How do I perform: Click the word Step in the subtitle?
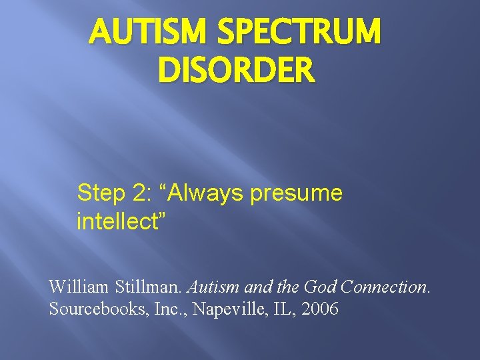[100, 193]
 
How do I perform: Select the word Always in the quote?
[207, 193]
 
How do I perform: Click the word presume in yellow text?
[297, 195]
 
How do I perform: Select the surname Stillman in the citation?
[147, 287]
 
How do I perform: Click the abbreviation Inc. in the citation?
[157, 310]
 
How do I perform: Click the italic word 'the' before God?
[289, 287]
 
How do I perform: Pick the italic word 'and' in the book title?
[257, 287]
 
